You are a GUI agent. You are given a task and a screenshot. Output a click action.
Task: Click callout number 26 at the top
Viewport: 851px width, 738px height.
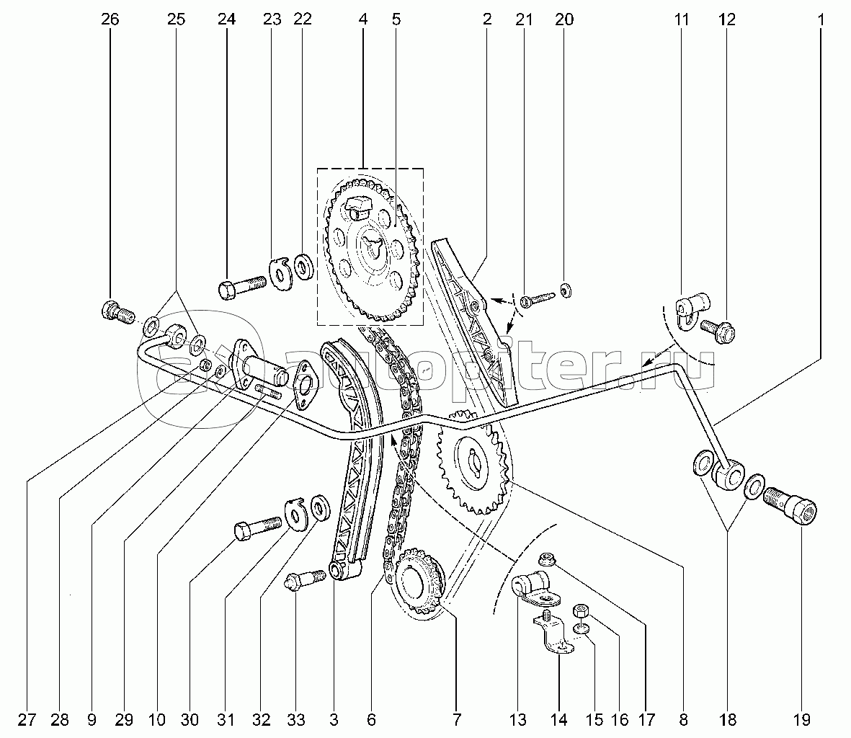coord(110,20)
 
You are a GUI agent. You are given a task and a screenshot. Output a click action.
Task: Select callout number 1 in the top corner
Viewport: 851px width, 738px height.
coord(820,20)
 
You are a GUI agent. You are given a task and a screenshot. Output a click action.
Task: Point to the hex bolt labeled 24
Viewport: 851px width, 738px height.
coord(240,288)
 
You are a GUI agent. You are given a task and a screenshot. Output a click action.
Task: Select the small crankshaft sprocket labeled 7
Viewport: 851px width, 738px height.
coord(416,582)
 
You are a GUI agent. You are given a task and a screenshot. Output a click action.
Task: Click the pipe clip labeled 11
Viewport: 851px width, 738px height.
coord(692,306)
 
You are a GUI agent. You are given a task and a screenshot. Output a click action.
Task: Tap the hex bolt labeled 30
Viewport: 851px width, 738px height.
coord(259,528)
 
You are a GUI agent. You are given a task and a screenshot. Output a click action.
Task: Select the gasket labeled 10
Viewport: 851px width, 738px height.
coord(306,378)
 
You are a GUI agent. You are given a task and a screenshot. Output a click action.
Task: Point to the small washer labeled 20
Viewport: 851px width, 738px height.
coord(565,290)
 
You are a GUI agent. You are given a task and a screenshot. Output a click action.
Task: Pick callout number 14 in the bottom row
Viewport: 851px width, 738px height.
coord(558,719)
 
